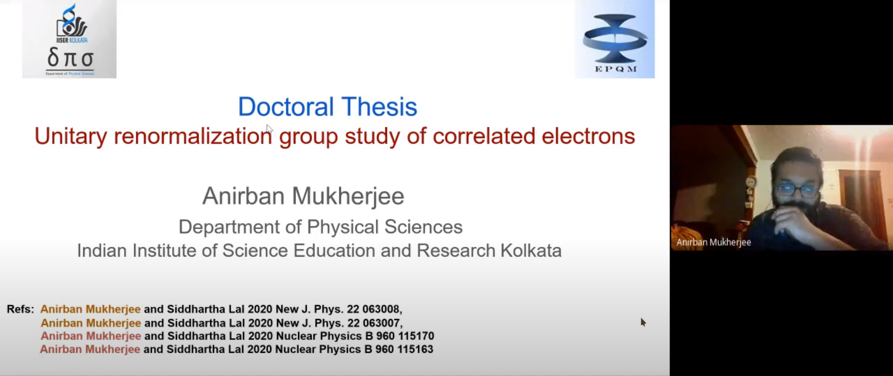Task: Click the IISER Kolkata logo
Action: pos(69,39)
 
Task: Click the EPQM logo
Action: pos(615,39)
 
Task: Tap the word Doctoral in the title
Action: pos(286,106)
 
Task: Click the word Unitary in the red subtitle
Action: pos(71,136)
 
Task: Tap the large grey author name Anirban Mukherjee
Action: pos(303,196)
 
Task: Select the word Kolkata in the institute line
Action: pos(531,251)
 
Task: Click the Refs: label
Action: pos(20,309)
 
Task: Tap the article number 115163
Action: pos(414,349)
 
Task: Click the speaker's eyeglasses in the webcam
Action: pos(796,190)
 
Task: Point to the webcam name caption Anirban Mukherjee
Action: pos(713,242)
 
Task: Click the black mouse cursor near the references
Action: pos(643,322)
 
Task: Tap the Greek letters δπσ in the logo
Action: pos(70,59)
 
